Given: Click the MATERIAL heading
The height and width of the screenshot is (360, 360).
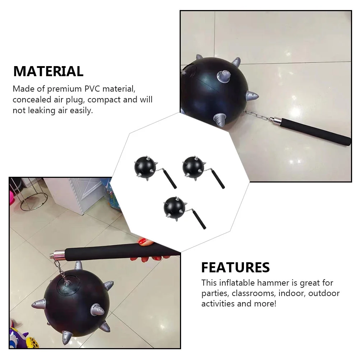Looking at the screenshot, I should point(48,71).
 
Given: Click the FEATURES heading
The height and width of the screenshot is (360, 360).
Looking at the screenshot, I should point(235,267).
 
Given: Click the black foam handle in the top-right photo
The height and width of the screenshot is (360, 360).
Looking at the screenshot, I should point(316,132).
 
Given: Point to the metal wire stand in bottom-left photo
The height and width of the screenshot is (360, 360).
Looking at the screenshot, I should point(33,194).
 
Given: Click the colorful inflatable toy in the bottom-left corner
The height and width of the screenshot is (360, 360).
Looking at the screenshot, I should point(18,338).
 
